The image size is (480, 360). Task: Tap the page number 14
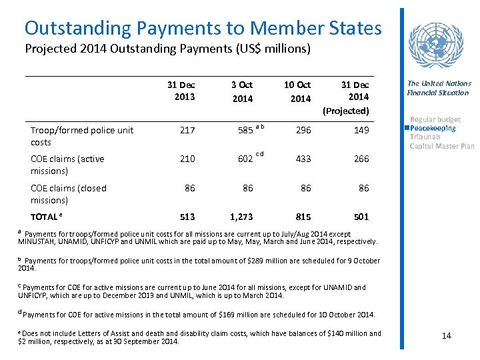pyautogui.click(x=447, y=335)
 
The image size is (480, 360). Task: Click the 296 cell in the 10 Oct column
pyautogui.click(x=303, y=131)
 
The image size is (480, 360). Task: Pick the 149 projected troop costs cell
pyautogui.click(x=361, y=131)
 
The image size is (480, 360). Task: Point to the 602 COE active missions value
pyautogui.click(x=245, y=159)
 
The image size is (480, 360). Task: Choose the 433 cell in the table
pyautogui.click(x=303, y=159)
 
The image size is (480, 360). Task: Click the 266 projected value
pyautogui.click(x=361, y=159)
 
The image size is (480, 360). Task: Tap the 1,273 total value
pyautogui.click(x=241, y=217)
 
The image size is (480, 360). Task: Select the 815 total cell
pyautogui.click(x=303, y=217)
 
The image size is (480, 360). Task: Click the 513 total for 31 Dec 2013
pyautogui.click(x=187, y=217)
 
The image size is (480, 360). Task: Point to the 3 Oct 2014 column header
pyautogui.click(x=242, y=91)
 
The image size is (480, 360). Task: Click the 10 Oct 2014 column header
pyautogui.click(x=297, y=91)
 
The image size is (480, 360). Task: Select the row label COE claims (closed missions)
pyautogui.click(x=69, y=194)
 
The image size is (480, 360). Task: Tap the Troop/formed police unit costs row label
pyautogui.click(x=82, y=136)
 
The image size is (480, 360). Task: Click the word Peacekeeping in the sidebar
pyautogui.click(x=433, y=128)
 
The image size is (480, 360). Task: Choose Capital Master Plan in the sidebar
pyautogui.click(x=442, y=146)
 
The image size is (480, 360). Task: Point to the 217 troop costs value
pyautogui.click(x=187, y=131)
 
